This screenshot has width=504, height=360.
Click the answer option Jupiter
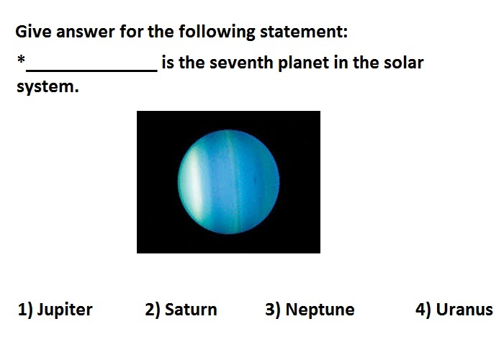tap(55, 310)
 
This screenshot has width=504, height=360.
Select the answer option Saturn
tap(181, 310)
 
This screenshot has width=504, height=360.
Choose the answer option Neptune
tap(310, 310)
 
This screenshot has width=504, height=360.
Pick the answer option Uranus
tap(454, 310)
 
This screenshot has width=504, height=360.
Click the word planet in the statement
tap(303, 63)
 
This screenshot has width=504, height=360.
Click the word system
tap(48, 87)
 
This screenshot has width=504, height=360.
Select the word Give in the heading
tap(33, 32)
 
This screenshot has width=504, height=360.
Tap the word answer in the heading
tap(86, 32)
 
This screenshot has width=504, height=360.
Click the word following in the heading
tap(217, 32)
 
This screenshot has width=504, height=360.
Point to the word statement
tap(304, 32)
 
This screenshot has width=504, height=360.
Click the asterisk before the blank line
tap(21, 60)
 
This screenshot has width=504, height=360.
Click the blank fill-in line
tap(91, 70)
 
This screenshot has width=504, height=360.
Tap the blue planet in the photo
tap(228, 182)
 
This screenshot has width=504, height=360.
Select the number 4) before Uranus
tap(423, 310)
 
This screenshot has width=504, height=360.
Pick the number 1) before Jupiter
tap(25, 310)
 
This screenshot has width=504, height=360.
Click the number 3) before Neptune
tap(273, 310)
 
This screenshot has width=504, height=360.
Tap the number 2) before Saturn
tap(153, 310)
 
